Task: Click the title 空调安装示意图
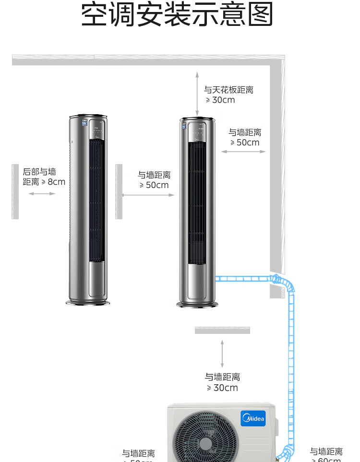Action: pos(177,15)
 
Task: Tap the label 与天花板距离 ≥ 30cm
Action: pos(228,95)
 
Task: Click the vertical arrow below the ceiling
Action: pos(197,94)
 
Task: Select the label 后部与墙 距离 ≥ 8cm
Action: pos(44,177)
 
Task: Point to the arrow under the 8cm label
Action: pos(42,194)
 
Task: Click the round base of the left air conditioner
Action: pos(88,302)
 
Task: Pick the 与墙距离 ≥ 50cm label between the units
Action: pos(154,180)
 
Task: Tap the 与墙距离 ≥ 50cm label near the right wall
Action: pos(245,137)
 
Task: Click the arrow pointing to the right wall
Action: pos(243,152)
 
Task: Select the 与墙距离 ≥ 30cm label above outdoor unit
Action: pos(222,382)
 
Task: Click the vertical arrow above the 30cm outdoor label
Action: pos(222,354)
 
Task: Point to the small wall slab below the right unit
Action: pos(222,330)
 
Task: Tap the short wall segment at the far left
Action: pos(15,191)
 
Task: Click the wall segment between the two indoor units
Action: pos(119,191)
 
